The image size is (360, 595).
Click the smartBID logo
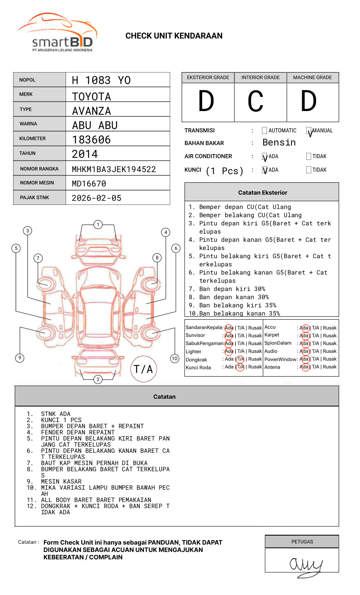(57, 33)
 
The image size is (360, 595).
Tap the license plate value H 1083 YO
(101, 80)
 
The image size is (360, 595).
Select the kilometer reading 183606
(91, 140)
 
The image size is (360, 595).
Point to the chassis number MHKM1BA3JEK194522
(114, 169)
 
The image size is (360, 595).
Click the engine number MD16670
(89, 184)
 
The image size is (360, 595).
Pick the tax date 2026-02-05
(96, 198)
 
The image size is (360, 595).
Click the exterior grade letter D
(206, 102)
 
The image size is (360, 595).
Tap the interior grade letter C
(255, 102)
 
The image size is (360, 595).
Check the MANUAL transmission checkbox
(309, 131)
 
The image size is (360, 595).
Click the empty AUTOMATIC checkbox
(264, 131)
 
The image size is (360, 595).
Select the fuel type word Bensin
(279, 143)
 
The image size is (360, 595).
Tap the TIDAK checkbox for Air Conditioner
(309, 157)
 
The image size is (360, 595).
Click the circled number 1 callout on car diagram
(98, 225)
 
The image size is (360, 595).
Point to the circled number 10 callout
(175, 359)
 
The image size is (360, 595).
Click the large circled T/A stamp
(144, 369)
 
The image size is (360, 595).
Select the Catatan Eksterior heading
(262, 193)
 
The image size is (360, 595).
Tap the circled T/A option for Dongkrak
(240, 359)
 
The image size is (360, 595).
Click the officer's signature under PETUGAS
(305, 566)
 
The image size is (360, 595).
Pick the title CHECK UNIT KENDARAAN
(174, 36)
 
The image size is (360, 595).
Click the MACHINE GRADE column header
(312, 77)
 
